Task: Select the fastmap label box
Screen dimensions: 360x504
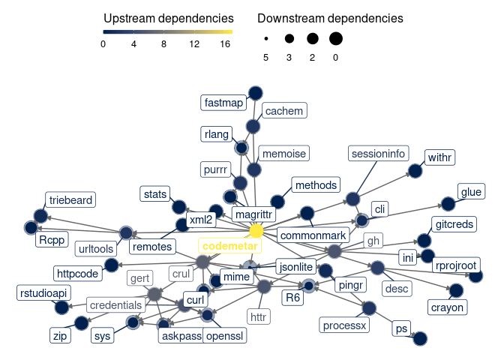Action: tap(223, 102)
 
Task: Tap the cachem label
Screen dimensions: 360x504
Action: tap(283, 111)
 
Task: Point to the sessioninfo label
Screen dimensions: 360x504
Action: tap(378, 154)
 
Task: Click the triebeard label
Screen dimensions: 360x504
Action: tap(70, 200)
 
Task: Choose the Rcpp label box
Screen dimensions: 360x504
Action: tap(52, 240)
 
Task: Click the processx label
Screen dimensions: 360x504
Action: tap(343, 325)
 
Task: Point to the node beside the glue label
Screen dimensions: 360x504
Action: tap(447, 204)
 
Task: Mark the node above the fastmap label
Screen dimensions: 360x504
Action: tap(255, 92)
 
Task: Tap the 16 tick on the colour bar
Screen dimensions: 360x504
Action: tap(225, 44)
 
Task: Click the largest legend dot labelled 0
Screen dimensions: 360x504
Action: tap(335, 38)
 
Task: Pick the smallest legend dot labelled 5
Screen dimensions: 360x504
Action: tap(266, 38)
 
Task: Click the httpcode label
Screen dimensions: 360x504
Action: tap(77, 273)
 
